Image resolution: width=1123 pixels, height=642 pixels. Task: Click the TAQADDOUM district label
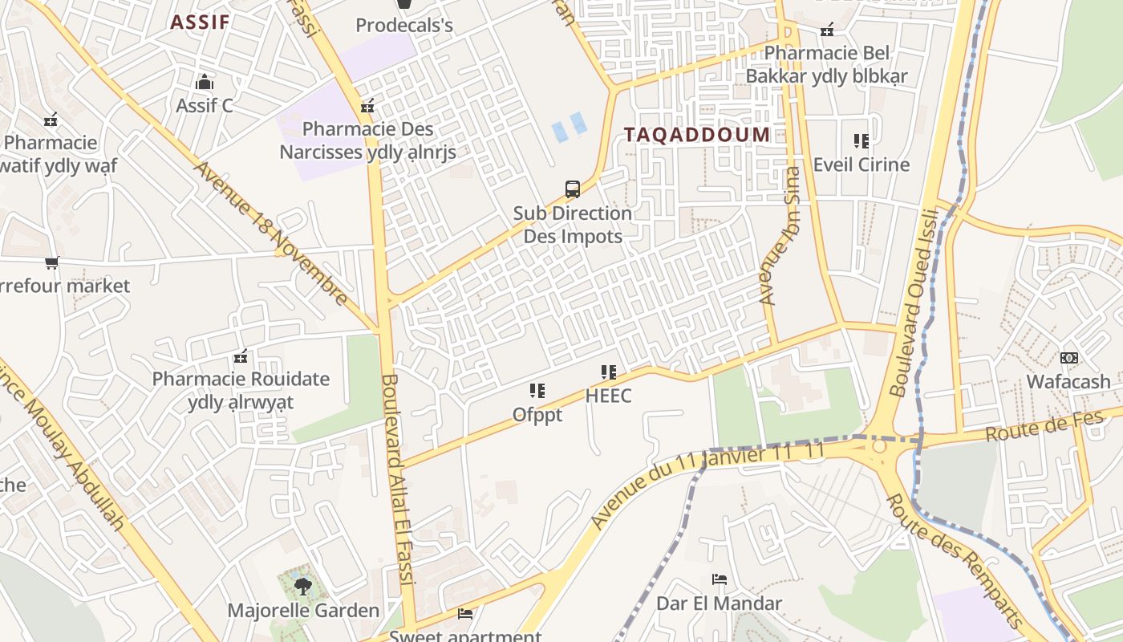click(x=696, y=135)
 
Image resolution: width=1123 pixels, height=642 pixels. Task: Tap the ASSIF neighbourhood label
click(x=200, y=22)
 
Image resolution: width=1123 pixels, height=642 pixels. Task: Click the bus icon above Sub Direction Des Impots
click(x=573, y=189)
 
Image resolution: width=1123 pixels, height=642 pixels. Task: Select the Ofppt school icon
click(x=537, y=391)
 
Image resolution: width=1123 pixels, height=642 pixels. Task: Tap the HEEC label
click(x=608, y=396)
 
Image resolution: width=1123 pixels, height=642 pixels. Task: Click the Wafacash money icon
click(x=1068, y=358)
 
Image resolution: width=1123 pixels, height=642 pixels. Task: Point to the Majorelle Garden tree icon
click(x=302, y=587)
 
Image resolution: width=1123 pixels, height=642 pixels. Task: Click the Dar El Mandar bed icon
click(x=720, y=579)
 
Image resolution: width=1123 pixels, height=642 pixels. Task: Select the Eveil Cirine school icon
click(x=862, y=141)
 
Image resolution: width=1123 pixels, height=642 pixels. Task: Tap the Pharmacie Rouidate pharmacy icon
click(x=240, y=356)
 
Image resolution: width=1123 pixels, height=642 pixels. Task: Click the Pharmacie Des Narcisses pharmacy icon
click(x=367, y=105)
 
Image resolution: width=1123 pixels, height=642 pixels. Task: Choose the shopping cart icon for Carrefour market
click(x=52, y=262)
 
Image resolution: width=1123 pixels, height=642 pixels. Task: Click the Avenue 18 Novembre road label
click(x=271, y=234)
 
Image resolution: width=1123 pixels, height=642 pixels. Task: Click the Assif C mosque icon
click(x=205, y=82)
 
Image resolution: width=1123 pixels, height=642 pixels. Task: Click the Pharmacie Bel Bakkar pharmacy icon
click(x=827, y=30)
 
